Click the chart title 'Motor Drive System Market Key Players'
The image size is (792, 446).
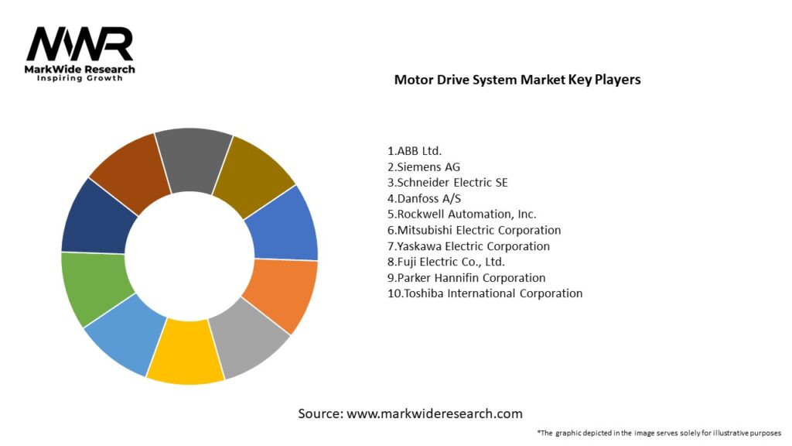(x=517, y=80)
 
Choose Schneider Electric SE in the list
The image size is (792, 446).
(x=448, y=183)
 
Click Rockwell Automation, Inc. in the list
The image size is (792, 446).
(x=462, y=214)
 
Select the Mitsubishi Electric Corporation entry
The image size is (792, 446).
(x=474, y=230)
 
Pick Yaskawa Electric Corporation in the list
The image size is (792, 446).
(x=469, y=246)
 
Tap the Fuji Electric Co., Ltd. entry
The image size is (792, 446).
(x=446, y=262)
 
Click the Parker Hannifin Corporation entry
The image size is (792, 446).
(x=466, y=278)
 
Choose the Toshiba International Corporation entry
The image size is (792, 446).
(x=485, y=293)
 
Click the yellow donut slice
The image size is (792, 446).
(x=185, y=352)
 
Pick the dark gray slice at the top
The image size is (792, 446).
(x=193, y=159)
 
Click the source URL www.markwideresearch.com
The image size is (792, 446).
(x=434, y=413)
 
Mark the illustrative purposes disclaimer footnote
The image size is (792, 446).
(x=659, y=433)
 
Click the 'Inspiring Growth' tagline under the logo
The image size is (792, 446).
(x=80, y=79)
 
